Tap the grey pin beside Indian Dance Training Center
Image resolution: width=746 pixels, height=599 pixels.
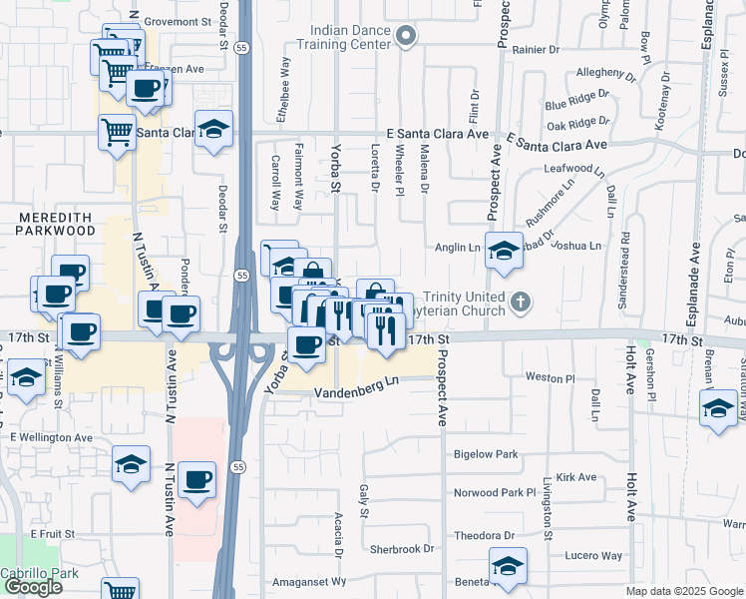[x=405, y=38]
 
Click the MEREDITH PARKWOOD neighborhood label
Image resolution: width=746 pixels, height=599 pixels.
[x=54, y=224]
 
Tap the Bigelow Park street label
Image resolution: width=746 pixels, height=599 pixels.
[x=486, y=454]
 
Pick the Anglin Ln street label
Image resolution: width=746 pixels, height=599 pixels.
[x=458, y=247]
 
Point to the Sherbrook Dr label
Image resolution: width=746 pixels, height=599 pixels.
[x=402, y=549]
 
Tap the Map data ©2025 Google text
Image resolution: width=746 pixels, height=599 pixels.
[x=683, y=591]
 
